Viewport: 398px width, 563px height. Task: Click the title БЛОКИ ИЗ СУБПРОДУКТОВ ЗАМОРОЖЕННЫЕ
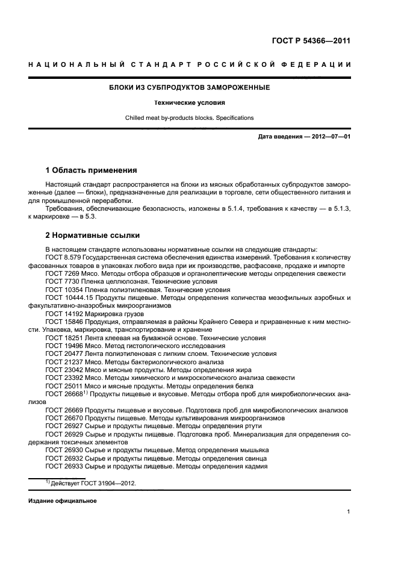pos(189,88)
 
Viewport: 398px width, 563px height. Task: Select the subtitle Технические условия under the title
pos(189,103)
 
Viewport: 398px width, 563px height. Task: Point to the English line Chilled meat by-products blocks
pos(189,118)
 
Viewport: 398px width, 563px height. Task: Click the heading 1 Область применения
pos(91,170)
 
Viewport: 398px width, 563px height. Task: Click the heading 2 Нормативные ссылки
pos(92,235)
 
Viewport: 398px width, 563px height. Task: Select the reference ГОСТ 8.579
pos(63,258)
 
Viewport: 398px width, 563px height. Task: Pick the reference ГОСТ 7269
pos(62,273)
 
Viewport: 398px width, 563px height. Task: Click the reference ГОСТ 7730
pos(62,281)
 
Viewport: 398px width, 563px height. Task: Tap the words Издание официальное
pos(62,501)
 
